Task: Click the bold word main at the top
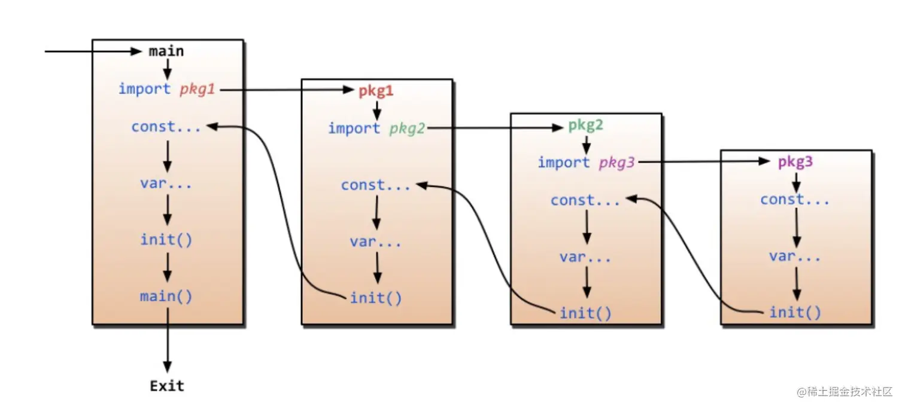(166, 51)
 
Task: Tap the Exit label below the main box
(167, 386)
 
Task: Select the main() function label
(166, 296)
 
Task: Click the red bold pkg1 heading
(376, 91)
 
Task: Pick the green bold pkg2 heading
(586, 126)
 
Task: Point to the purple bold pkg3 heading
(795, 162)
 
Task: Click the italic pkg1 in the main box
(197, 90)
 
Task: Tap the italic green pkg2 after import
(407, 128)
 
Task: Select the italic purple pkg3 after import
(617, 163)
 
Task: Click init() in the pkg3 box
(795, 312)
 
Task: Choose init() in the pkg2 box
(585, 313)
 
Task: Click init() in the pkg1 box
(376, 298)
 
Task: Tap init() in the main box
(166, 240)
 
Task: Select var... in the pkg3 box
(795, 256)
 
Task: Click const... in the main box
(166, 127)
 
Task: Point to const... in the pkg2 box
(585, 200)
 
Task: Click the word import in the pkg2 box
(564, 163)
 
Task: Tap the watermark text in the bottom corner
(845, 391)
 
